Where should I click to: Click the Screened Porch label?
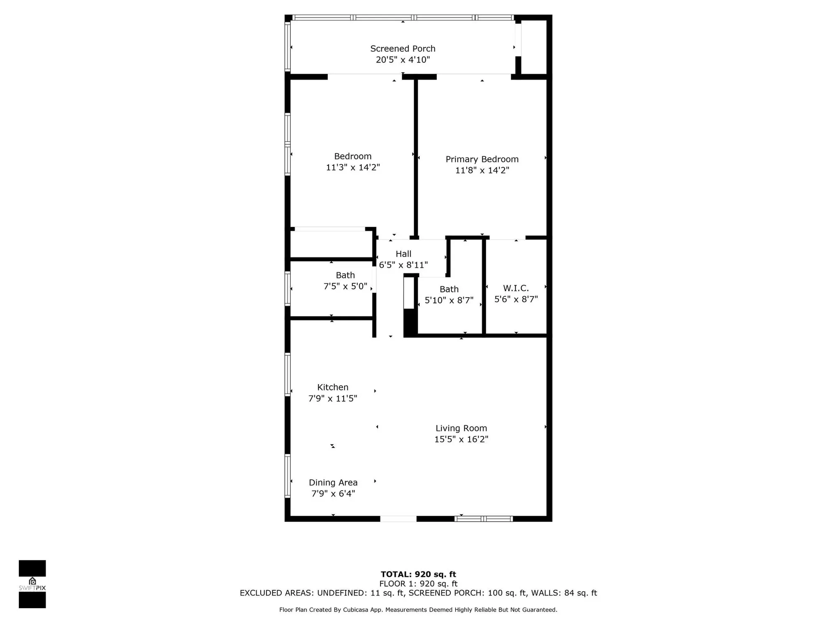point(403,49)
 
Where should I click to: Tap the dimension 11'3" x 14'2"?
point(353,168)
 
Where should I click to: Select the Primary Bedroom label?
point(482,159)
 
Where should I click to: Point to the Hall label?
point(403,254)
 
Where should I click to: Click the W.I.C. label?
point(516,288)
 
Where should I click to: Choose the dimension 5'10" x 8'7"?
point(449,301)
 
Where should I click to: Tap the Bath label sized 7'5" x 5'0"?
point(345,275)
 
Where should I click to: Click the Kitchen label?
point(333,387)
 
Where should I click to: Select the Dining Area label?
point(333,482)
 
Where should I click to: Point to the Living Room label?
point(461,428)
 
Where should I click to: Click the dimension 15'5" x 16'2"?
point(461,439)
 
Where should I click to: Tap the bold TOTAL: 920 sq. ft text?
point(418,574)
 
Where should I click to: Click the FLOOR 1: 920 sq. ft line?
point(418,584)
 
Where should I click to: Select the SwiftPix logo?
point(32,584)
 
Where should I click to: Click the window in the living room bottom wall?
point(484,519)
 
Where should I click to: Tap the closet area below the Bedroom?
point(331,244)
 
